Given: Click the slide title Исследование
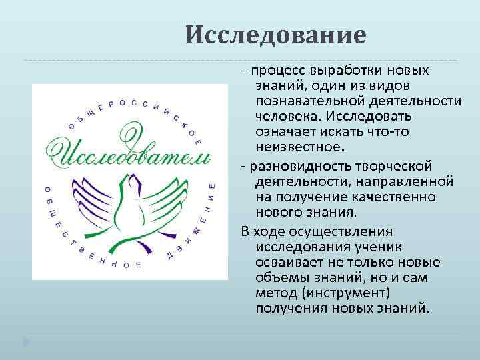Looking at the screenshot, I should click(x=276, y=35).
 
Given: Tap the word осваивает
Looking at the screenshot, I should click(x=287, y=261).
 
